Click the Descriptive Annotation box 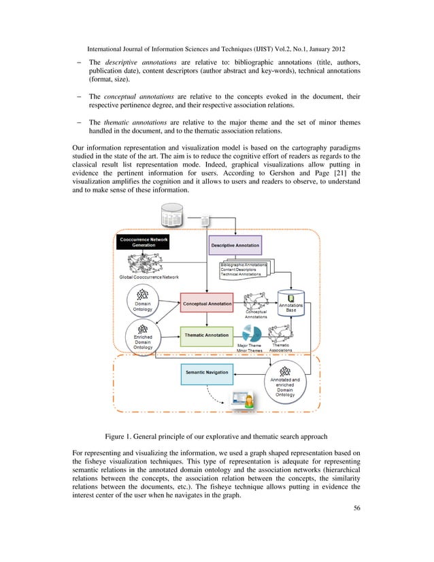[235, 244]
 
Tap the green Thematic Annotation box [207, 335]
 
